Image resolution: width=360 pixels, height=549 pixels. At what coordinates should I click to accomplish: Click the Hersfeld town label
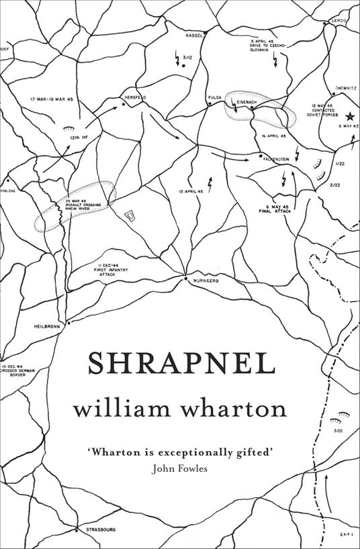coord(135,97)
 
